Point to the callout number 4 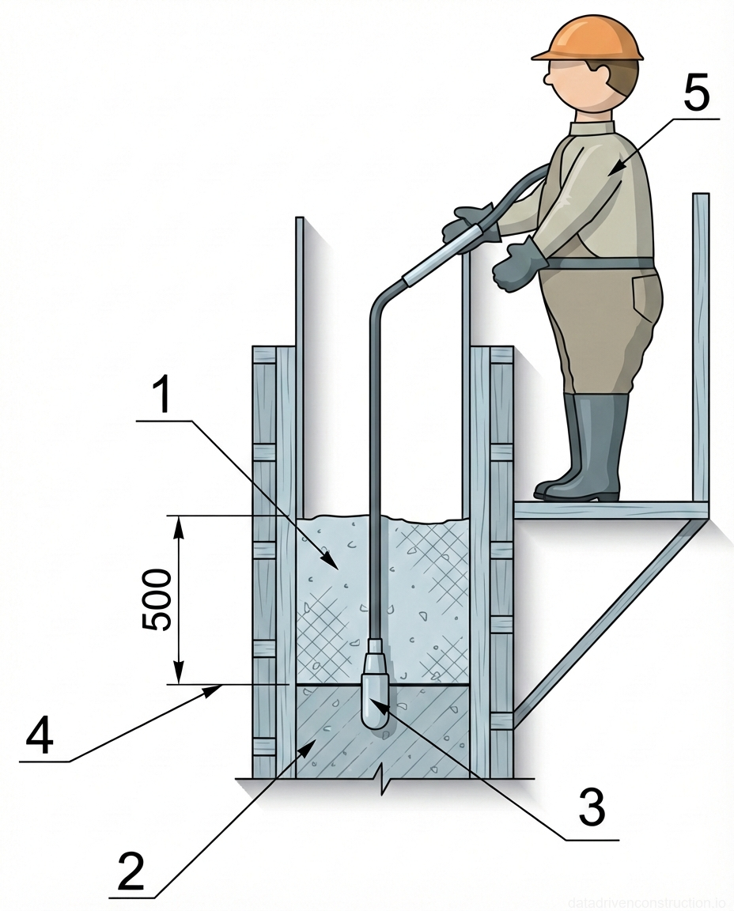click(40, 738)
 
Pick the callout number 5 click(696, 96)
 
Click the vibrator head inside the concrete click(373, 696)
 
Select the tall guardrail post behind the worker click(700, 348)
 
